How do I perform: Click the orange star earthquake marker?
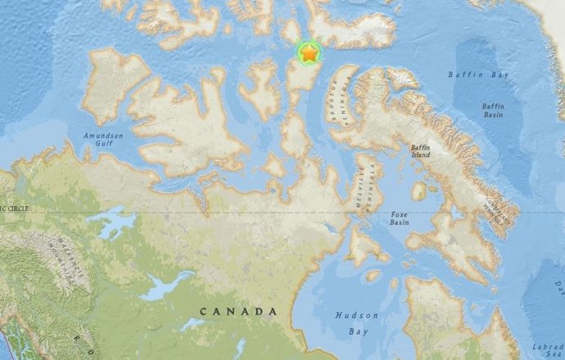[310, 54]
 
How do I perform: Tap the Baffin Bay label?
[472, 75]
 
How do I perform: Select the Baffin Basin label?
[493, 110]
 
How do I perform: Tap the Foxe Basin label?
[399, 217]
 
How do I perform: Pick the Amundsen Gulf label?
[102, 140]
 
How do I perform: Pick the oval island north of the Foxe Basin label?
[419, 191]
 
